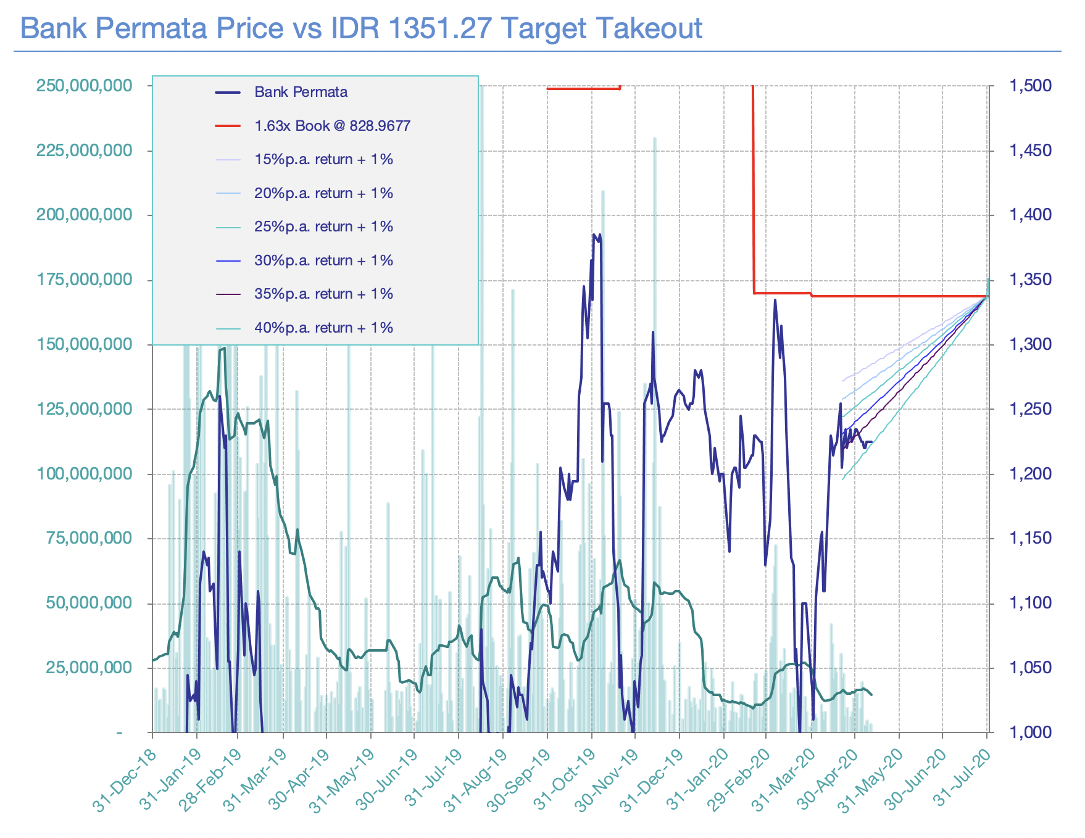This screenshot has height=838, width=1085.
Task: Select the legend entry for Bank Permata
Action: coord(301,93)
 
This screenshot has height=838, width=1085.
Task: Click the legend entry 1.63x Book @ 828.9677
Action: coord(332,126)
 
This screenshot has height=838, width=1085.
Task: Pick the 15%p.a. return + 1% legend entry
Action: coord(323,160)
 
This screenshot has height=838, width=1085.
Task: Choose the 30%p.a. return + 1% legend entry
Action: coord(323,260)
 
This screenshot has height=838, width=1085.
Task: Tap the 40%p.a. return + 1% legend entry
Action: coord(323,328)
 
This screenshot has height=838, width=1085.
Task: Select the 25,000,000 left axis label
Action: coord(89,668)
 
